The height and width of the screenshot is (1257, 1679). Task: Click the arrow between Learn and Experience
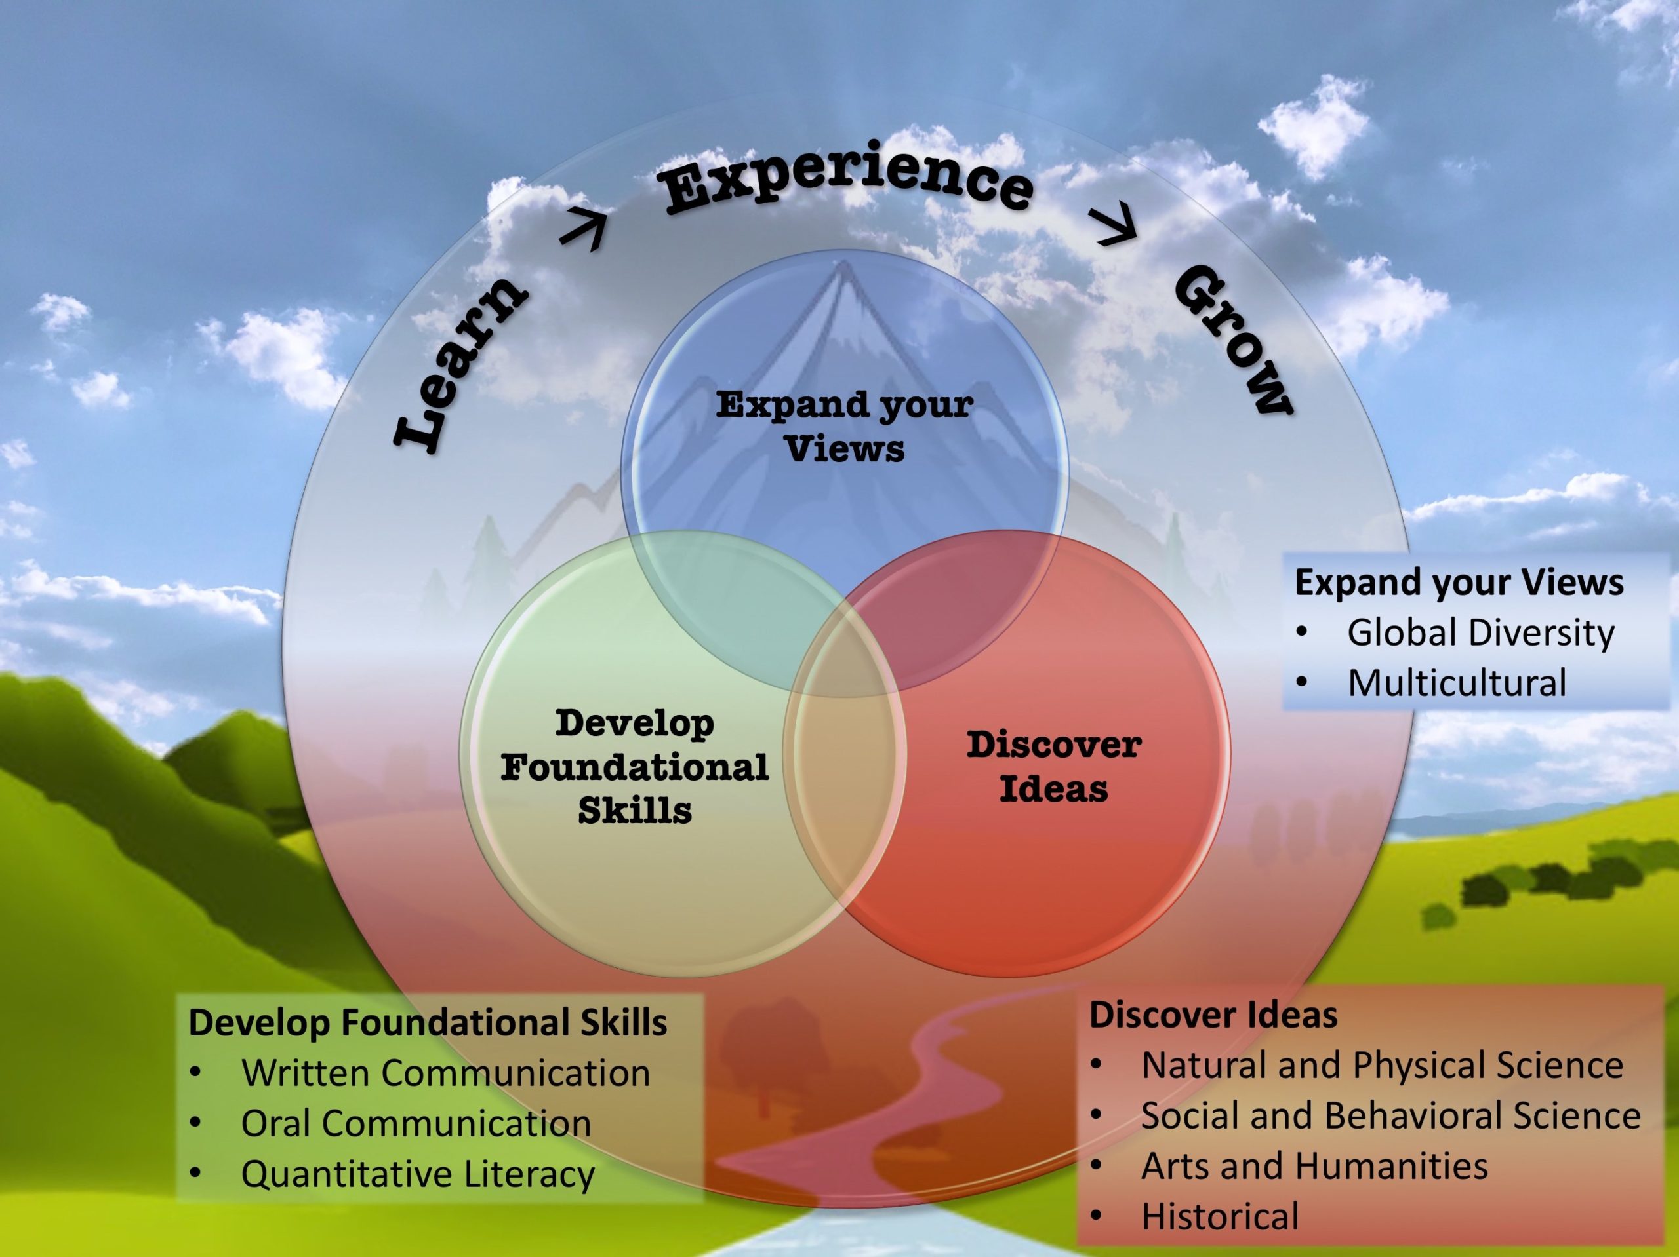coord(585,228)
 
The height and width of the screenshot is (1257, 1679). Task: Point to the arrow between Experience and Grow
coord(1114,226)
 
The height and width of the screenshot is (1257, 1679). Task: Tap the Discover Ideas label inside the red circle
coord(1053,766)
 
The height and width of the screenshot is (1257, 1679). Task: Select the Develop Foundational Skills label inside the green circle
coord(635,766)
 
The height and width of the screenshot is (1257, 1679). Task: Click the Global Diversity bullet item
coord(1480,632)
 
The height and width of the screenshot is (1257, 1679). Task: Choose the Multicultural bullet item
coord(1457,683)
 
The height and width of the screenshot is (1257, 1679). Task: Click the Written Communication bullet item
coord(445,1073)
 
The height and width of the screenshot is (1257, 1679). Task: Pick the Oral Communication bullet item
coord(416,1123)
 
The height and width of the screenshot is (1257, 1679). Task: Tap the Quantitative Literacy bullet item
coord(418,1174)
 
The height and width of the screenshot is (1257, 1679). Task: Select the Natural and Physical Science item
coord(1381,1065)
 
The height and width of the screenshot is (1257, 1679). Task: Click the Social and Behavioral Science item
coord(1390,1116)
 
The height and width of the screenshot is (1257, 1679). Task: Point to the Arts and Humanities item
coord(1314,1166)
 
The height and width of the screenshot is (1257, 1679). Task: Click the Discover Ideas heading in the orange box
coord(1213,1015)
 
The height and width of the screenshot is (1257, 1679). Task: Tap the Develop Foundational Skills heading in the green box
coord(428,1022)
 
